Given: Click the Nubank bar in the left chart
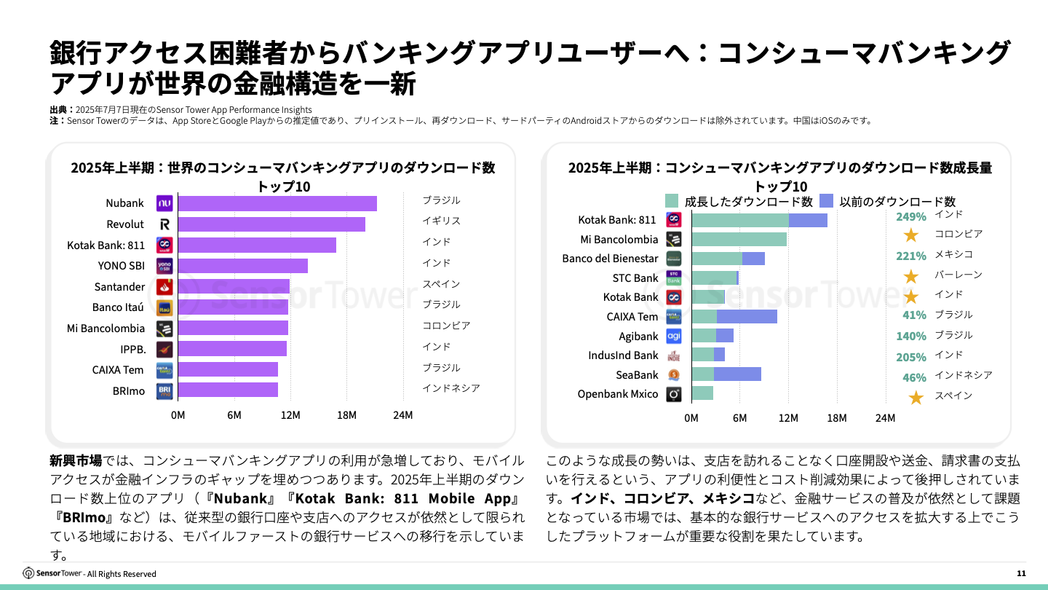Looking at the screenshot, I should coord(277,203).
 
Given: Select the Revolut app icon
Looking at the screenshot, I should coord(164,224).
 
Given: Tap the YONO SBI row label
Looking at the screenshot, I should coord(121,266).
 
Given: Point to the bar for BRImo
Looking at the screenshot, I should coord(228,390).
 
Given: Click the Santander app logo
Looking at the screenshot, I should coord(164,287).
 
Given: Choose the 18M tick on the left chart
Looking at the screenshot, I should coord(346,415).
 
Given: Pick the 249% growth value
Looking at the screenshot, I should coord(910,216).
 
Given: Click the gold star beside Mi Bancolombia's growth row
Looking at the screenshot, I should coord(910,235).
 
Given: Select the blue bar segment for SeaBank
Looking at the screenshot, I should coord(737,374).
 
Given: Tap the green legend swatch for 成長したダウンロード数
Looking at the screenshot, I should coord(671,201).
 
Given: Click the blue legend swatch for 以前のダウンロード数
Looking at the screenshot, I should coord(826,201).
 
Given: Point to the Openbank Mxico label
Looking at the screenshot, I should coord(618,394).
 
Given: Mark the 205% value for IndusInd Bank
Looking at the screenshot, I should coord(910,357).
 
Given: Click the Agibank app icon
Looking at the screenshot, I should coord(674,336).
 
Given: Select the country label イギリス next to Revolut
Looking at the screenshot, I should coord(441,221).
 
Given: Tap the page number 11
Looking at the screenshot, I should coord(1021,574).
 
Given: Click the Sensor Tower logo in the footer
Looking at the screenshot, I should coord(52,573).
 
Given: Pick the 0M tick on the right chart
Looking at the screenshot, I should coord(691,418).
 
